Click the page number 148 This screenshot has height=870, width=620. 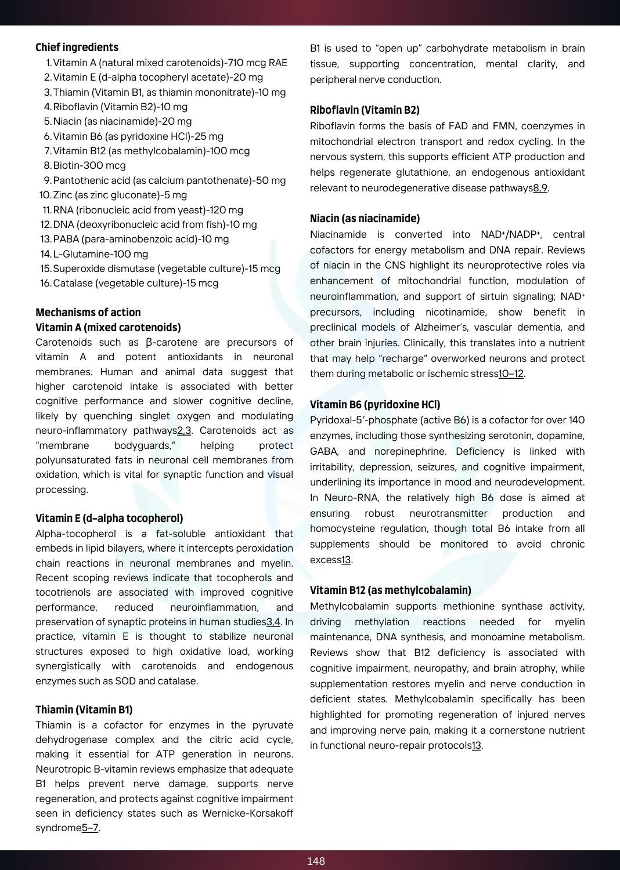pyautogui.click(x=316, y=861)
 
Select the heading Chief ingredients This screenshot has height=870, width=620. pyautogui.click(x=77, y=48)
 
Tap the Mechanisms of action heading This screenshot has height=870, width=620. pyautogui.click(x=88, y=312)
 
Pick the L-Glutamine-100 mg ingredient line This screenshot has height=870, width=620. pyautogui.click(x=100, y=254)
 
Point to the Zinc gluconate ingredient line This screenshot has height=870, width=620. pyautogui.click(x=120, y=195)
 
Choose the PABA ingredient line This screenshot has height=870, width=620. pyautogui.click(x=140, y=239)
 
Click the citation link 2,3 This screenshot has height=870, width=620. pyautogui.click(x=184, y=430)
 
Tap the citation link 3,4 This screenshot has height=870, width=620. pyautogui.click(x=273, y=622)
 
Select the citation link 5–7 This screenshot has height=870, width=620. pyautogui.click(x=90, y=828)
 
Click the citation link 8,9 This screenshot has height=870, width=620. pyautogui.click(x=540, y=188)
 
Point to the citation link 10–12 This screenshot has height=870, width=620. pyautogui.click(x=511, y=374)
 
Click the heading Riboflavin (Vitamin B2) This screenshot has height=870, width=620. pyautogui.click(x=365, y=110)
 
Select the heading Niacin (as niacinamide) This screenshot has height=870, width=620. pyautogui.click(x=365, y=219)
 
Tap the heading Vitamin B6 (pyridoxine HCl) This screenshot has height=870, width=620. pyautogui.click(x=374, y=405)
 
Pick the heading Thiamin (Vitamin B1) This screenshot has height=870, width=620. pyautogui.click(x=84, y=710)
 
